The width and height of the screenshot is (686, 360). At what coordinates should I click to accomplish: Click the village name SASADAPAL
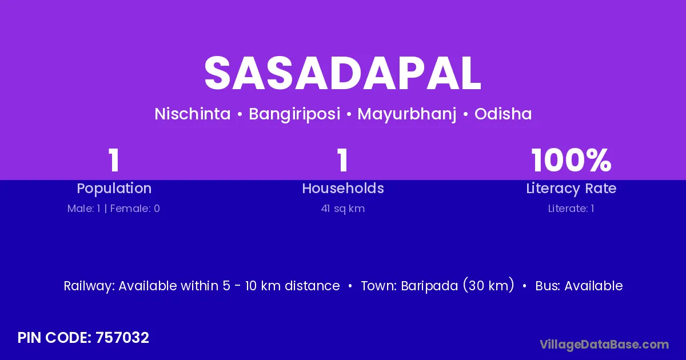tap(342, 73)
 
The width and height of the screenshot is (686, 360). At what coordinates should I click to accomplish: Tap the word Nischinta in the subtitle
tap(192, 114)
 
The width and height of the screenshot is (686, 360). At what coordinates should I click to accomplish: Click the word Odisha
tap(503, 114)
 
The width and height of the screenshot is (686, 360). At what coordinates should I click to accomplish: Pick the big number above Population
tap(114, 160)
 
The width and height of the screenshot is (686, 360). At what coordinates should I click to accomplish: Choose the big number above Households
tap(342, 160)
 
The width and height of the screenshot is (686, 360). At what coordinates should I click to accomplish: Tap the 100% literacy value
tap(572, 160)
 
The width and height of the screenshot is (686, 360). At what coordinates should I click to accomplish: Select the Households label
tap(343, 188)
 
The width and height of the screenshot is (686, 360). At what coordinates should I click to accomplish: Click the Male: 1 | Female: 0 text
tap(114, 209)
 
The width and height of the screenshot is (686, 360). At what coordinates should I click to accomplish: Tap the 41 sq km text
tap(343, 209)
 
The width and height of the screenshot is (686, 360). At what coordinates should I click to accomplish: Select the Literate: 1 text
tap(571, 209)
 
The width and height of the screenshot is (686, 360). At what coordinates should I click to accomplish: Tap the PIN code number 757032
tap(122, 338)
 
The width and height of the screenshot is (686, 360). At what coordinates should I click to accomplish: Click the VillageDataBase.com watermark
tap(604, 345)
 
